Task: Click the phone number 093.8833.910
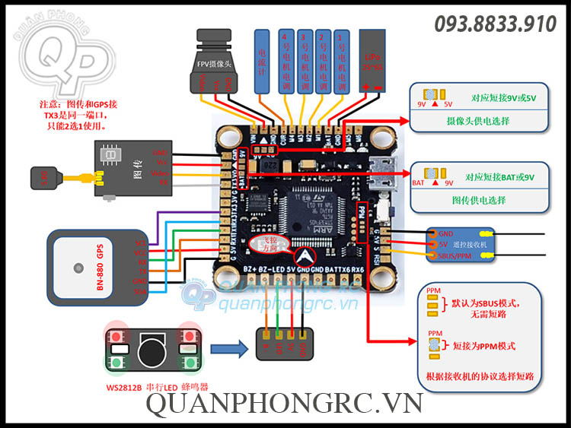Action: [496, 24]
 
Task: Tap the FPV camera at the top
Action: [219, 55]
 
